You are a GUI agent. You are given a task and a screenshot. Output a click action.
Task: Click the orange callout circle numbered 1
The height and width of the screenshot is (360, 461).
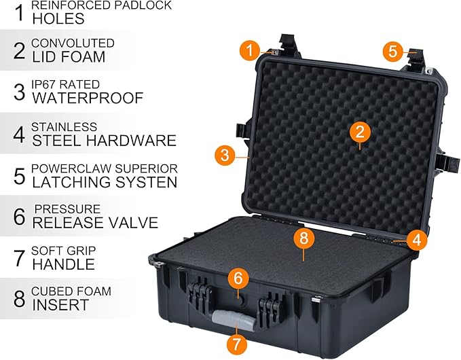[251, 50]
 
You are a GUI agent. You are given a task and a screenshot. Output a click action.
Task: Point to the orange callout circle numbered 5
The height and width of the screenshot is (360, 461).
[392, 50]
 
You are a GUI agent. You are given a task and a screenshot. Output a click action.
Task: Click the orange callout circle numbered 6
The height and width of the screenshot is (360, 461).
[238, 278]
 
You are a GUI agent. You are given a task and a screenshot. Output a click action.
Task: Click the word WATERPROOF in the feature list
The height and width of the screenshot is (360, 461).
[88, 98]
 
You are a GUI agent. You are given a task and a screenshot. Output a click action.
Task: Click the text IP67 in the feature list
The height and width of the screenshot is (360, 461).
[45, 84]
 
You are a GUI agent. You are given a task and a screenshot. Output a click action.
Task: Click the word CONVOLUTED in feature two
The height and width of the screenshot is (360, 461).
[73, 43]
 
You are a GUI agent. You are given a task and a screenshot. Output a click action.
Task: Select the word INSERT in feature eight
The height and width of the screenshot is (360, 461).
[60, 305]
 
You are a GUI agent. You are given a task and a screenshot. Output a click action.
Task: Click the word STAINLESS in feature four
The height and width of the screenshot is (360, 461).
[64, 127]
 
